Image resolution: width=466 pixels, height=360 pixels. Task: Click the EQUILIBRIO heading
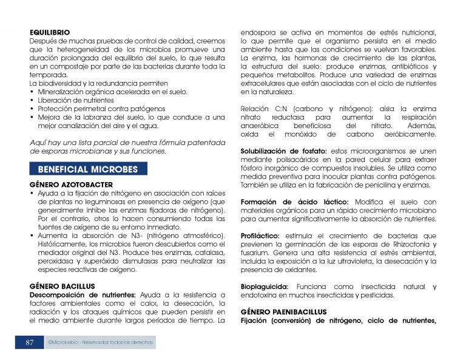coord(50,32)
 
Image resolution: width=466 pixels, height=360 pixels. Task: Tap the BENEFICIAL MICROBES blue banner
coord(88,169)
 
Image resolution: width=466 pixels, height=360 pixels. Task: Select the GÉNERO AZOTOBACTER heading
coord(71,184)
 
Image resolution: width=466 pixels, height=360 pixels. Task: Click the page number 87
coord(29,342)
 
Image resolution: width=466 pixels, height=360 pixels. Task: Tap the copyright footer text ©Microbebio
coord(101,343)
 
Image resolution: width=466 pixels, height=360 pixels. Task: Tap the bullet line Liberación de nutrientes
coord(76,100)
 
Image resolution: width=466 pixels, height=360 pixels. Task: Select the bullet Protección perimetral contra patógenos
coord(97,109)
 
